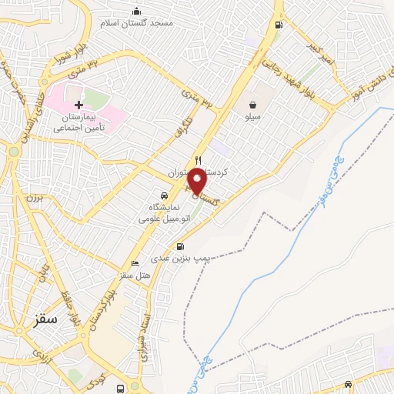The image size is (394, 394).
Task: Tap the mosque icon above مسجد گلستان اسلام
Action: (137, 11)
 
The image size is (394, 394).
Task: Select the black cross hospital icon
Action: (78, 104)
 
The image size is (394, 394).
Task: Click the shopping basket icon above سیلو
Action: (252, 105)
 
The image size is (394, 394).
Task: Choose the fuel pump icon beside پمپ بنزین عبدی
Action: (180, 247)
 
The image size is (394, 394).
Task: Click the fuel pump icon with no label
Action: (278, 24)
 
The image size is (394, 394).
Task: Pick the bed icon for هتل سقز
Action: (135, 263)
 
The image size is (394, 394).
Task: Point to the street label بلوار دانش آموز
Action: (359, 84)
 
